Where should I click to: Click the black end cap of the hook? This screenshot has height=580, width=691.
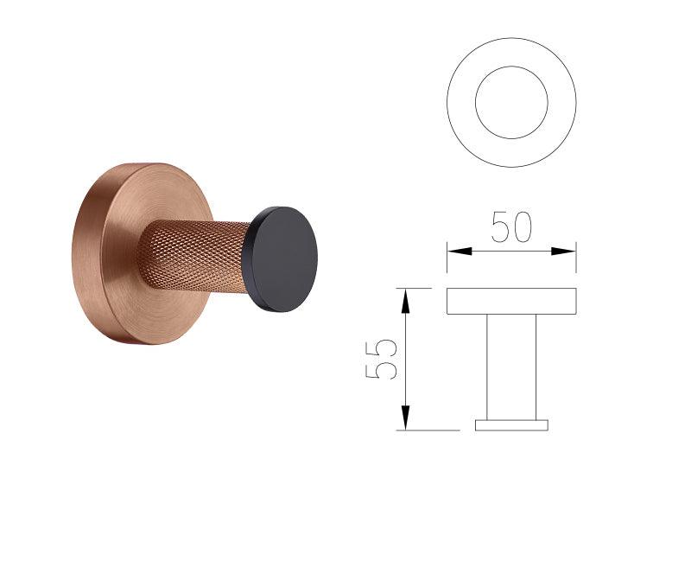282,259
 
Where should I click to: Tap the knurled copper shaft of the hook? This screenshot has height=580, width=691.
193,261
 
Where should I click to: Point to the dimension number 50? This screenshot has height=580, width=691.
511,226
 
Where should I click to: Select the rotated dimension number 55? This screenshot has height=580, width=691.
381,359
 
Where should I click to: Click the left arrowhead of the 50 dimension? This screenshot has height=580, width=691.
460,252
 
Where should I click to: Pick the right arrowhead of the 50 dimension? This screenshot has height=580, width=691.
563,252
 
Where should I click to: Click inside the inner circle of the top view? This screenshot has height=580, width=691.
511,102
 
